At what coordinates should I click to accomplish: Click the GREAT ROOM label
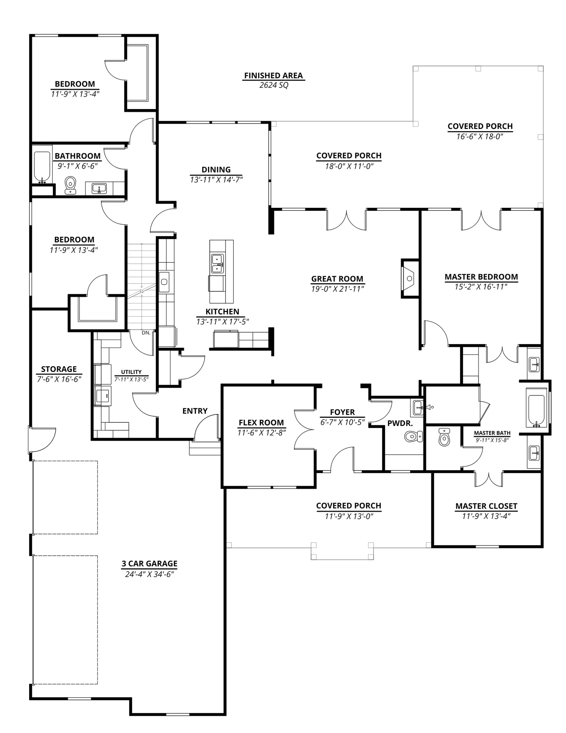coord(337,279)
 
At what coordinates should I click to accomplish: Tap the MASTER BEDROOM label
coord(481,277)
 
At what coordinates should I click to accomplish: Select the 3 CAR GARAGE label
coord(149,563)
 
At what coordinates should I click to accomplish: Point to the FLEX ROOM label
coord(261,423)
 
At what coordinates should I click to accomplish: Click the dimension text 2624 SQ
coord(274,85)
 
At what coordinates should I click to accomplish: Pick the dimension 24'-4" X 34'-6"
coord(149,574)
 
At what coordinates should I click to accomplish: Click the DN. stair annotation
coord(146,333)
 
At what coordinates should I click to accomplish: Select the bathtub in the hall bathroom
coord(42,167)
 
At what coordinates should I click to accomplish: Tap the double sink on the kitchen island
coord(217,263)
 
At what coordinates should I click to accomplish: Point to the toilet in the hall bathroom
coord(70,185)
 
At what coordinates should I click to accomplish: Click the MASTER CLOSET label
coord(486,506)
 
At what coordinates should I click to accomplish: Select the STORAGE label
coord(59,369)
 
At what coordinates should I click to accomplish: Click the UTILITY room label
coord(131,372)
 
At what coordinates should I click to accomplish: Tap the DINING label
coord(216,170)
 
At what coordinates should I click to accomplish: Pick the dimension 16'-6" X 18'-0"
coord(480,137)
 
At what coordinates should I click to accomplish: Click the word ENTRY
coord(195,411)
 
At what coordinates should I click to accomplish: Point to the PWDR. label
coord(400,423)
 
